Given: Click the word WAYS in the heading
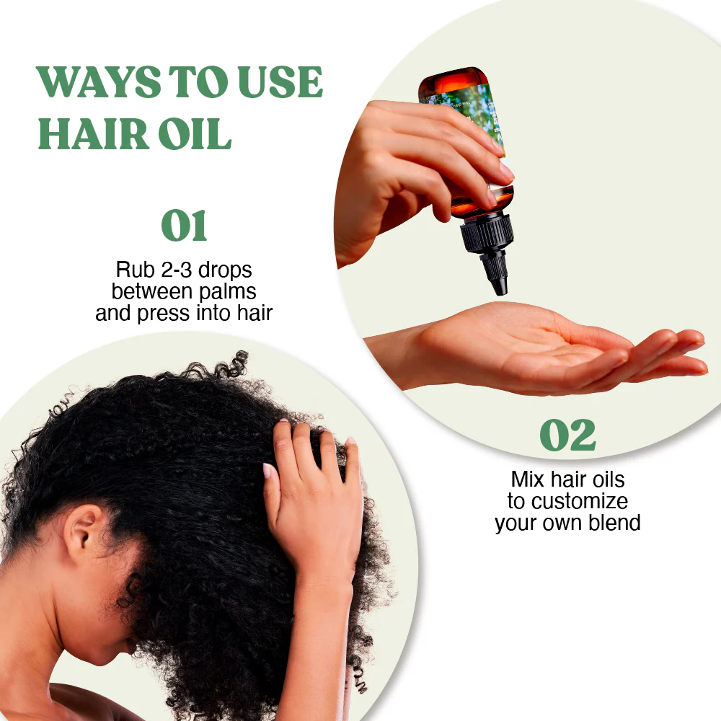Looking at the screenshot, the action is pyautogui.click(x=98, y=82).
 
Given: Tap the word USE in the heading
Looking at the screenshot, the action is pyautogui.click(x=280, y=82).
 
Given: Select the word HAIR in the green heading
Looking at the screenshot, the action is pyautogui.click(x=93, y=134).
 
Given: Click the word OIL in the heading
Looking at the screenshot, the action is pyautogui.click(x=195, y=134).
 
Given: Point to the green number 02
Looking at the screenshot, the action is pyautogui.click(x=568, y=435).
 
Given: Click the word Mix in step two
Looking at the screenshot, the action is pyautogui.click(x=528, y=479).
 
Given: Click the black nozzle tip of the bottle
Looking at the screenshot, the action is pyautogui.click(x=498, y=286).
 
